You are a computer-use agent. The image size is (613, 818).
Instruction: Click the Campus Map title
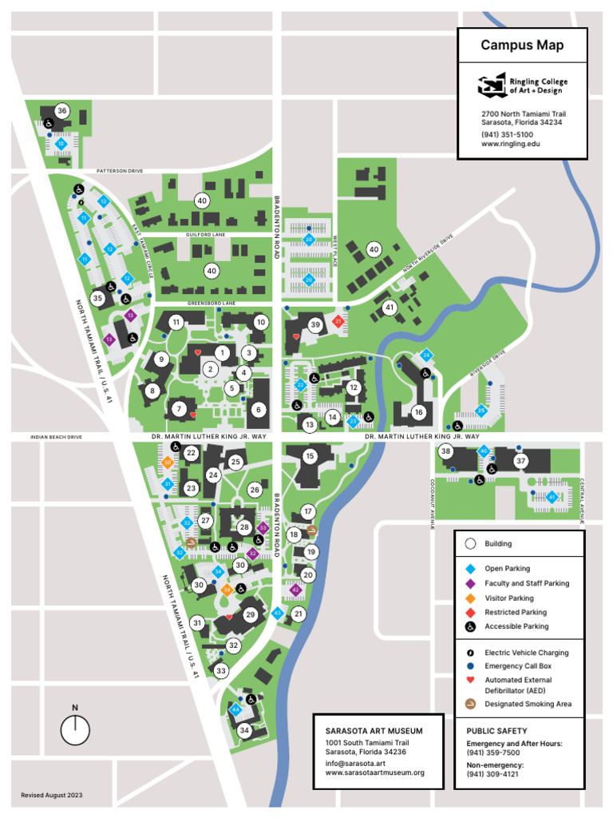coord(522,46)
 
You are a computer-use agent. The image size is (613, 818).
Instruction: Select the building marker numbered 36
coord(61,110)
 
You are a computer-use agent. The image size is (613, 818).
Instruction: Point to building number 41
coord(390,308)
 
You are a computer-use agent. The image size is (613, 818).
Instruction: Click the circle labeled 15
coord(310,456)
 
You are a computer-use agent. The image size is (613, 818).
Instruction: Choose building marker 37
coord(520,461)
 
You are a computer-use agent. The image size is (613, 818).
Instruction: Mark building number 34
coord(244,730)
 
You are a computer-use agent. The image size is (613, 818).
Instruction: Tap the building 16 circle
coord(418,412)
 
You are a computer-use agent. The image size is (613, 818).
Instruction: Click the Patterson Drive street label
coord(120,171)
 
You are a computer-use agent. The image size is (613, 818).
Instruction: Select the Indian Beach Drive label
coord(56,438)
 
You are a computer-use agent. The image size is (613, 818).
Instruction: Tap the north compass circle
coord(75,729)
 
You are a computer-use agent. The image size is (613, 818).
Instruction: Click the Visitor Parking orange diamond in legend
coord(470,598)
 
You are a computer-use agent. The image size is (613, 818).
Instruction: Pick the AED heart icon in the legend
coord(470,680)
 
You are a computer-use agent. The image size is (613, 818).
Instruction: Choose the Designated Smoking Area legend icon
coord(470,704)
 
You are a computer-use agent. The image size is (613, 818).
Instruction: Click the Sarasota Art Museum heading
coord(374,731)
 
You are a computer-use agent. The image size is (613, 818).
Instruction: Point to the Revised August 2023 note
coord(52,796)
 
